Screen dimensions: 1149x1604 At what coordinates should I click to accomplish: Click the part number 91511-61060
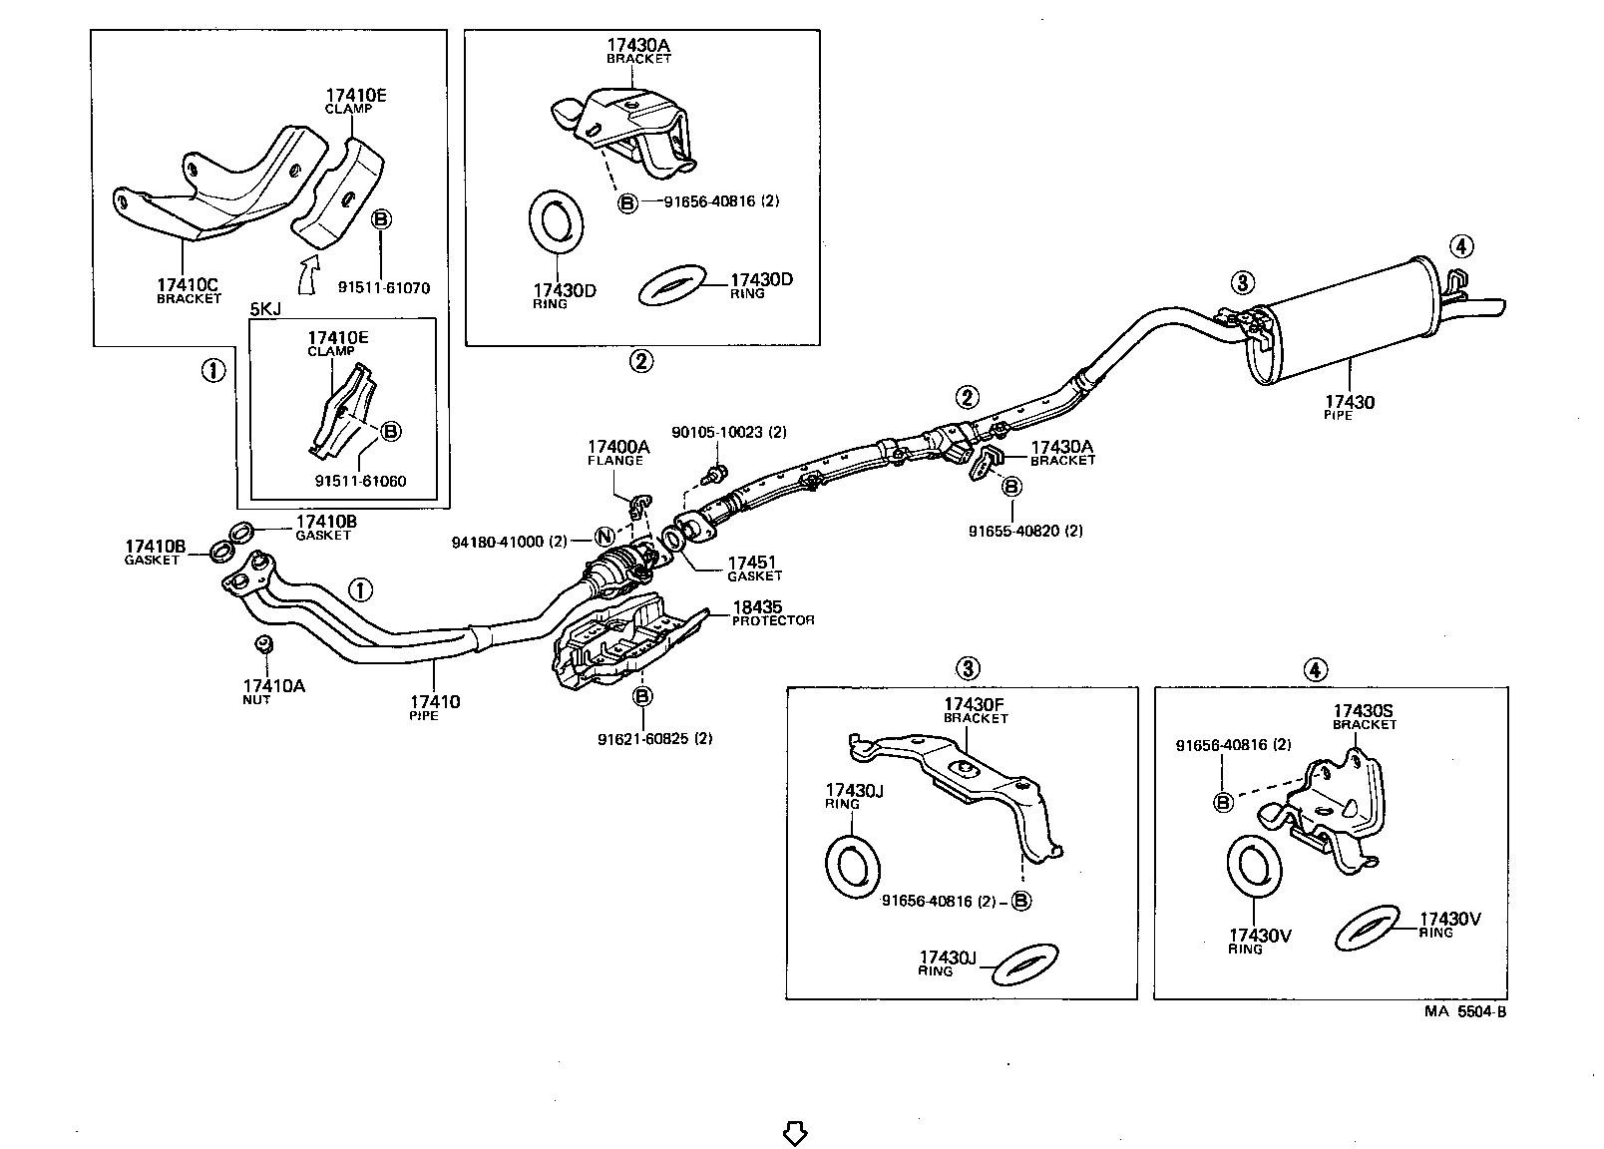[x=360, y=481]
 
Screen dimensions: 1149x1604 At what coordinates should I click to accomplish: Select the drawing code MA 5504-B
[x=1463, y=1011]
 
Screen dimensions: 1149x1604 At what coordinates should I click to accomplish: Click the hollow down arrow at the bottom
[x=794, y=1134]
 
